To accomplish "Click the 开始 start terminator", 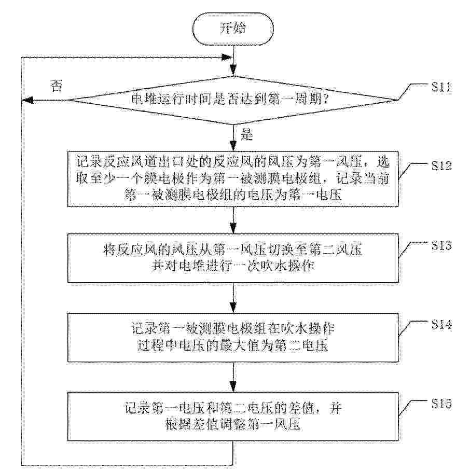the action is click(x=233, y=29).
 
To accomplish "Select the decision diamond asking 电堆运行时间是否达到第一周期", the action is click(x=233, y=100).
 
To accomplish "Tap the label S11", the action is click(x=441, y=87).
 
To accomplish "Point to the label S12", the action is click(x=441, y=165).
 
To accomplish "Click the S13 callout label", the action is click(x=441, y=245).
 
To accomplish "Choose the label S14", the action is click(x=441, y=324).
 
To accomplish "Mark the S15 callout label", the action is click(x=441, y=404).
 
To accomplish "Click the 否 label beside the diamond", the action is click(x=57, y=86).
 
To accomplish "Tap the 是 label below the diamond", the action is click(x=247, y=134).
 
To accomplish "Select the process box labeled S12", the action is click(x=233, y=179).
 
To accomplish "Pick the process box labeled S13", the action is click(x=233, y=258).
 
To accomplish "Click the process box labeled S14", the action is click(x=233, y=337).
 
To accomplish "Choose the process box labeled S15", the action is click(x=233, y=417).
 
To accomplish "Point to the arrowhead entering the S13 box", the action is click(x=233, y=229).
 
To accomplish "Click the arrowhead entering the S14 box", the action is click(x=233, y=308).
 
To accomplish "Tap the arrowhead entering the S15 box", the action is click(x=233, y=387).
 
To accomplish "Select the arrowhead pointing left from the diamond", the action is click(x=27, y=100).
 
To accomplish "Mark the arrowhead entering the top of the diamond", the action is click(x=233, y=71).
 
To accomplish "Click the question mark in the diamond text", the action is click(x=325, y=99).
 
